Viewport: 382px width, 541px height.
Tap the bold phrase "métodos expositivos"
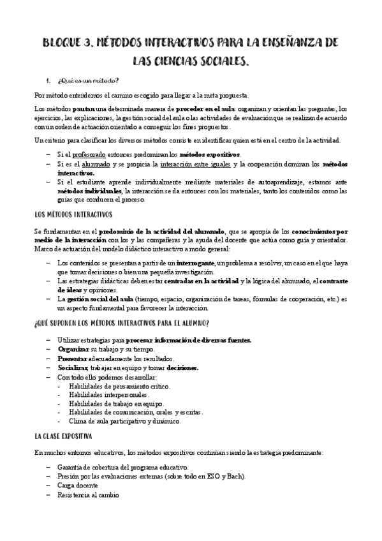click(209, 154)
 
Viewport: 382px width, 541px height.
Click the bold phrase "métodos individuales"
click(89, 191)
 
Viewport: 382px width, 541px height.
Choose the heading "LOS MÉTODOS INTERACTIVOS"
click(73, 214)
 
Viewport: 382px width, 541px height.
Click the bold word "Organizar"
click(72, 349)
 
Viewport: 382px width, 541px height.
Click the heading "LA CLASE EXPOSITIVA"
click(64, 436)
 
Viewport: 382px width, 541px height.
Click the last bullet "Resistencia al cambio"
click(88, 495)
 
